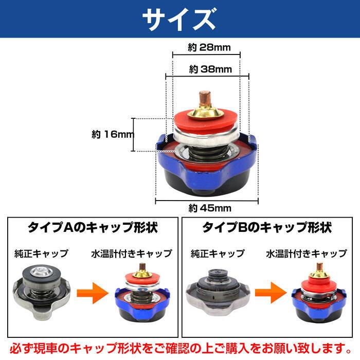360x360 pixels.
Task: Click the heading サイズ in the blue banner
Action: pyautogui.click(x=179, y=20)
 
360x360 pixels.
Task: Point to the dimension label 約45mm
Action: pyautogui.click(x=207, y=208)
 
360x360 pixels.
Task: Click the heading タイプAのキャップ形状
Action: pyautogui.click(x=92, y=227)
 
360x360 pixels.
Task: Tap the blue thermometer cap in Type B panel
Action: pyautogui.click(x=319, y=296)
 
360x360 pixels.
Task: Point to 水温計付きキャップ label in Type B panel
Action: pyautogui.click(x=307, y=254)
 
